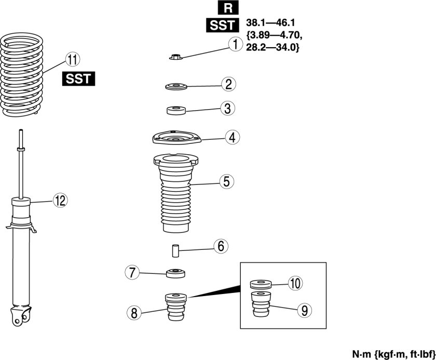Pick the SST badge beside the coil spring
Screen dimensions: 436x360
[79, 79]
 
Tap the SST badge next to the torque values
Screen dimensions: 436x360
[221, 24]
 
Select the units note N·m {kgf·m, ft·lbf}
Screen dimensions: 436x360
[393, 354]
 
